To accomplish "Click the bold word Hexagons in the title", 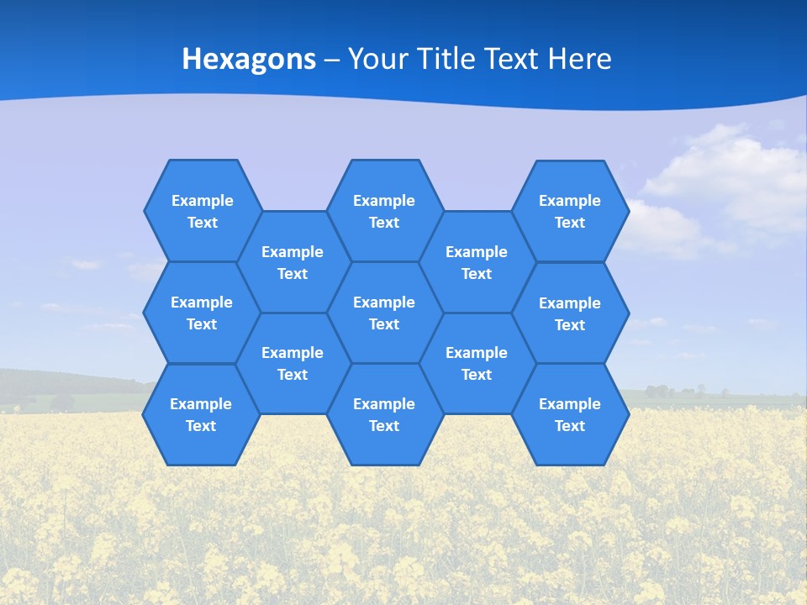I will [x=249, y=59].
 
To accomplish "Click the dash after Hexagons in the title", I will [x=332, y=60].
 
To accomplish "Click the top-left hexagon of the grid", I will [x=202, y=211].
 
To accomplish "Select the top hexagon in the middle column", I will [x=384, y=211].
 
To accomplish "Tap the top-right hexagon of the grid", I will [x=570, y=211].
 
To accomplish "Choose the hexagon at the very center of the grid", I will [x=384, y=313].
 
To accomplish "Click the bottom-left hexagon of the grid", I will [x=201, y=414].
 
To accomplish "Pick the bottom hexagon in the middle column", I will [x=384, y=414].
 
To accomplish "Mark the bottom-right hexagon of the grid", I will [x=570, y=414].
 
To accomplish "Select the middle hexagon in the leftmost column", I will [x=202, y=313].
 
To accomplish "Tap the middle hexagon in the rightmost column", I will [x=570, y=313].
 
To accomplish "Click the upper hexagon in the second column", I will [x=293, y=262].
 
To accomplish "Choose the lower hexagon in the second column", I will [x=293, y=363].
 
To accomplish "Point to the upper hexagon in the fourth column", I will [x=477, y=262].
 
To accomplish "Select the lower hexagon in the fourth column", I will [x=477, y=363].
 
